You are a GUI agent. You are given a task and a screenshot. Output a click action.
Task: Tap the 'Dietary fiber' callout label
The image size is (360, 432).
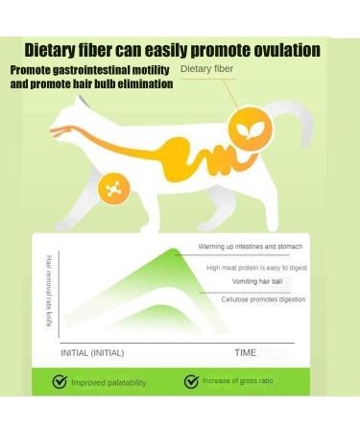206,69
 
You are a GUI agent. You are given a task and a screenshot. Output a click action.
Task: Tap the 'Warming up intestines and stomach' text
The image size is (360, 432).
252,247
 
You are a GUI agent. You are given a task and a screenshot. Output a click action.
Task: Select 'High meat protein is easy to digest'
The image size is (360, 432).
256,268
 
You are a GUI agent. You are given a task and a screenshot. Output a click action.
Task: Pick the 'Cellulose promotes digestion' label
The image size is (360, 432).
263,300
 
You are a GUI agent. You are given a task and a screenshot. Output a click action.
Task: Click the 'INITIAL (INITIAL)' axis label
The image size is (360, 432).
92,352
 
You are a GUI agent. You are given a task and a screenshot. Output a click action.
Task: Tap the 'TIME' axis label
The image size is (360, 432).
246,352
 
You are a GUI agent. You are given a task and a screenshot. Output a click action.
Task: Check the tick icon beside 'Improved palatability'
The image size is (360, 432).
60,382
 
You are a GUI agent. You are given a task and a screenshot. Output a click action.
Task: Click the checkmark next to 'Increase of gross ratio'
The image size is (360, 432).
191,382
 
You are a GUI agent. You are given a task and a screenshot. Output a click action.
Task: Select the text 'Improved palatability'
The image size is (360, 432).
108,383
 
